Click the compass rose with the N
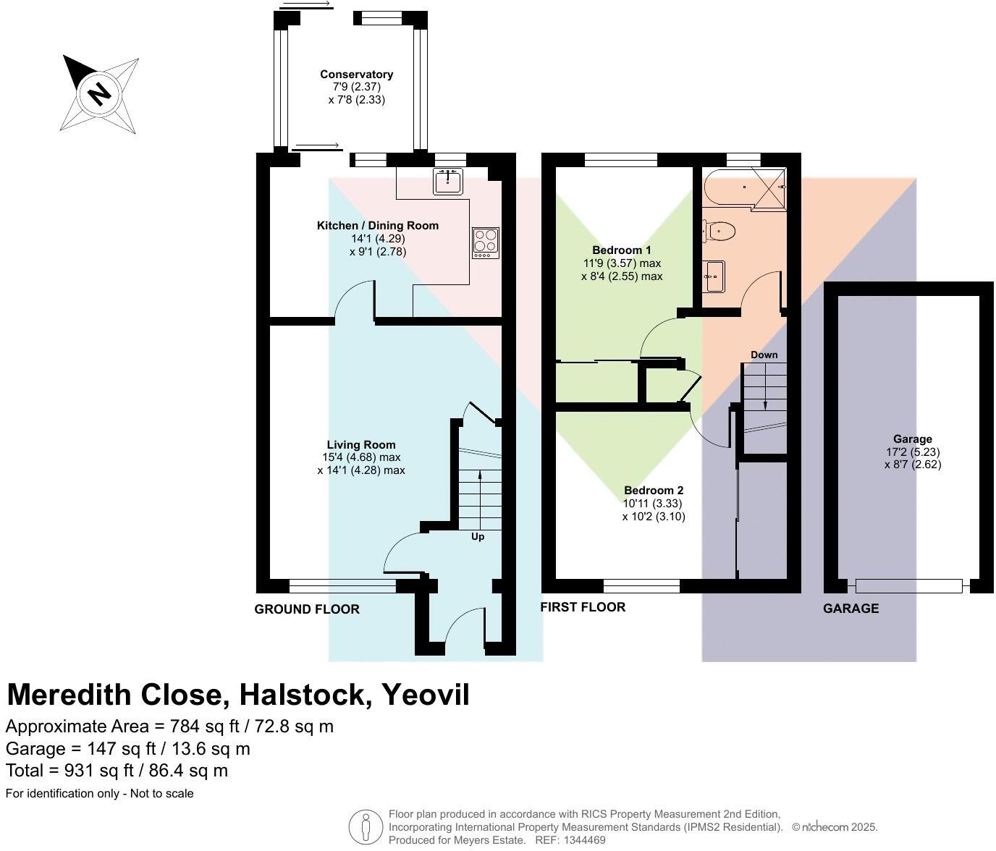click(99, 94)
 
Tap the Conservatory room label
click(356, 75)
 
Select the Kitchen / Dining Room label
click(377, 226)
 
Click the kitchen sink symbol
click(448, 181)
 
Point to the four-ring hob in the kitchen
click(486, 242)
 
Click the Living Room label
click(360, 445)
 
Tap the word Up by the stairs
click(478, 537)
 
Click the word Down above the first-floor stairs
click(764, 355)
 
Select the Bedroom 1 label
click(621, 250)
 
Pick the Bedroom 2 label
click(653, 491)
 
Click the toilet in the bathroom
click(719, 232)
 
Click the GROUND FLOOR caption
click(307, 609)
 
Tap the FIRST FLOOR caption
click(583, 607)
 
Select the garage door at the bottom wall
click(908, 585)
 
